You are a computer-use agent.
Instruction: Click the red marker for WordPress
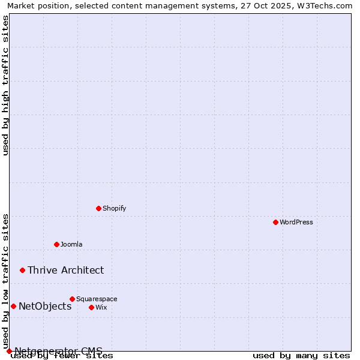coord(275,222)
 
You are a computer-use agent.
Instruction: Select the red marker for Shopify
coord(98,208)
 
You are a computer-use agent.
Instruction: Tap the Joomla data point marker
coord(56,244)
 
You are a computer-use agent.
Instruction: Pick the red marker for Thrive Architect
coord(23,270)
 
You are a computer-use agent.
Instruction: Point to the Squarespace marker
coord(72,299)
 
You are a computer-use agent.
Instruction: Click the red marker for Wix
coord(91,307)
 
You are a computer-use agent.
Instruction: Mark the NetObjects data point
coord(13,306)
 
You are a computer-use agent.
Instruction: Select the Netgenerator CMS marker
coord(9,351)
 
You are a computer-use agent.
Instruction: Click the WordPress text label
coord(296,222)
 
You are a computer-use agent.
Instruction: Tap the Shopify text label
coord(114,208)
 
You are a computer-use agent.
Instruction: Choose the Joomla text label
coord(71,244)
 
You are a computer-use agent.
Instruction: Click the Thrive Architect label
coord(65,270)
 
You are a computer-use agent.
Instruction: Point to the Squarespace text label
coord(97,299)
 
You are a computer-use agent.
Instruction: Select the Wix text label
coord(101,307)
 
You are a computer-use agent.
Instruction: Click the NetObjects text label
coord(45,306)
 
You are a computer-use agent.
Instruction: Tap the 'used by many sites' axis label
coord(301,355)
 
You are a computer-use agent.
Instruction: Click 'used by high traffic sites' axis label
coord(5,85)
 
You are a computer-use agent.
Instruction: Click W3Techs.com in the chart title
coord(327,5)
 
